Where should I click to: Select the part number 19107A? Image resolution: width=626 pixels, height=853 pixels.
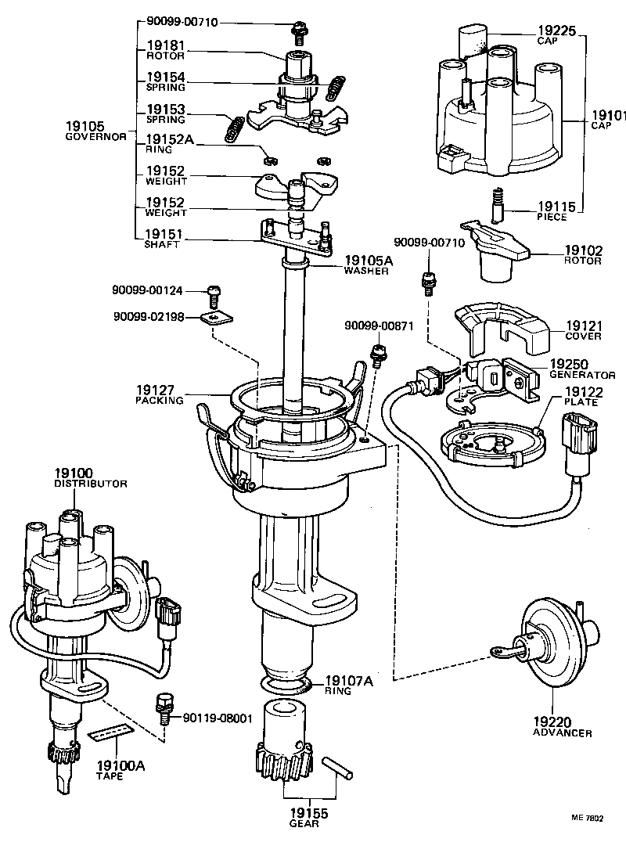click(x=349, y=681)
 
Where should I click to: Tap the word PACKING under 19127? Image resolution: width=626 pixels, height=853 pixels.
click(x=158, y=400)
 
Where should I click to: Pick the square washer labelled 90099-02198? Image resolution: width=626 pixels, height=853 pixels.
click(x=214, y=318)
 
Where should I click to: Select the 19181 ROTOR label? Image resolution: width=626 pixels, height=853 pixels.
click(x=165, y=50)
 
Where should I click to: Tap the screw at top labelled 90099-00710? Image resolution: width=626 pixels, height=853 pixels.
click(x=299, y=31)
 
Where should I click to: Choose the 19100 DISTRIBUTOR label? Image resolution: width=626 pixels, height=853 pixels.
click(x=89, y=477)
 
